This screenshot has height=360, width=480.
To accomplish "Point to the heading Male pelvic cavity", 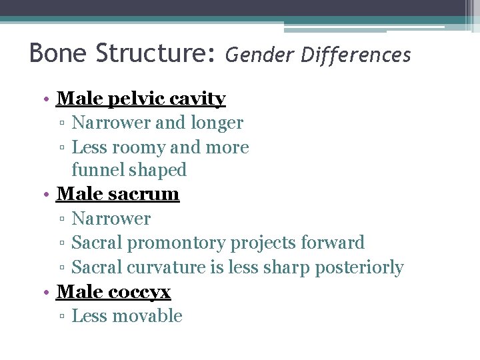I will coord(141,99).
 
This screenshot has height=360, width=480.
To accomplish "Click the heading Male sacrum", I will coord(118,194).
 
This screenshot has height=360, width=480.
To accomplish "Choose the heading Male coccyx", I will coord(114,291).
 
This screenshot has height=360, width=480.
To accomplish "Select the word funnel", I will coord(94,170).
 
